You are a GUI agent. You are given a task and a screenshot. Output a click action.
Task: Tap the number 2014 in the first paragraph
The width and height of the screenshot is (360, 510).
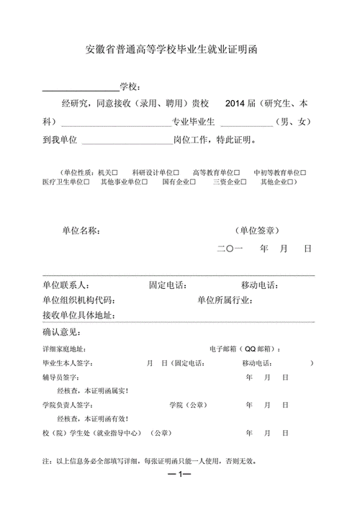tap(235, 104)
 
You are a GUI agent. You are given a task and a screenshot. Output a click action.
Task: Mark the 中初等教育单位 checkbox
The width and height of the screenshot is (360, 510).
tap(303, 173)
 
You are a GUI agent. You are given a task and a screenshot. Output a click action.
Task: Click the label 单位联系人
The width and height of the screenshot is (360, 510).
tap(66, 285)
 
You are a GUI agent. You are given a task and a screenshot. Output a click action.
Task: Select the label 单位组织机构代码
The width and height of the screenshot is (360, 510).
tap(78, 300)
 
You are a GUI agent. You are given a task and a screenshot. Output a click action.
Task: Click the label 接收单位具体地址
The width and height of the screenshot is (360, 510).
tap(78, 316)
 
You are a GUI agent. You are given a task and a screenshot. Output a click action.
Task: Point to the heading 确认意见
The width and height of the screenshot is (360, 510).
tap(62, 332)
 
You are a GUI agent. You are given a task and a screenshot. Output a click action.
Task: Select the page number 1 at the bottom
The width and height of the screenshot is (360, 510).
tap(179, 475)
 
